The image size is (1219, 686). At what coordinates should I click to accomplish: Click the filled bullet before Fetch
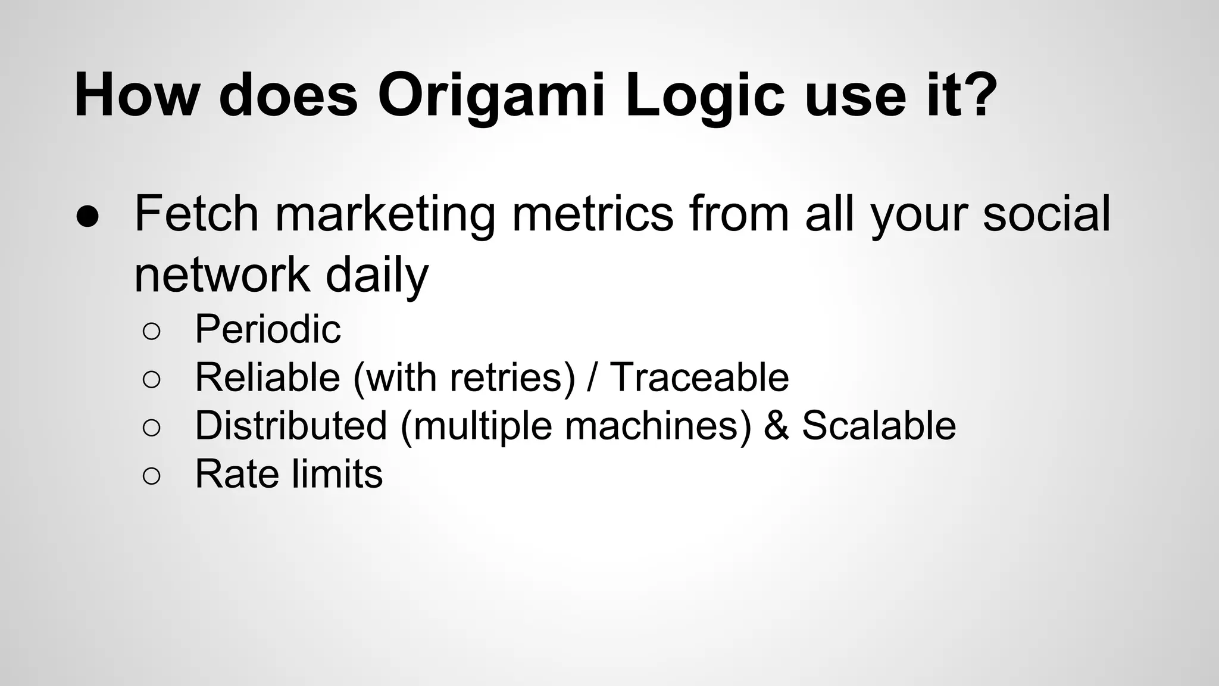pyautogui.click(x=87, y=218)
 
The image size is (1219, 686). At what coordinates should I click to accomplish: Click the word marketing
pyautogui.click(x=385, y=214)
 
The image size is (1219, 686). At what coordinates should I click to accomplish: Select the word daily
pyautogui.click(x=376, y=275)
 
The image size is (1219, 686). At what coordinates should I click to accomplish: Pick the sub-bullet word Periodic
pyautogui.click(x=268, y=329)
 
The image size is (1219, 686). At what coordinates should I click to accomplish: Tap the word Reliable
pyautogui.click(x=267, y=377)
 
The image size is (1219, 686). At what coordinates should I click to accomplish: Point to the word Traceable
pyautogui.click(x=699, y=377)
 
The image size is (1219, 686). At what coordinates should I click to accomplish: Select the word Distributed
pyautogui.click(x=291, y=425)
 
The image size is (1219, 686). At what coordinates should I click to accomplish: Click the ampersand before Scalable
pyautogui.click(x=776, y=425)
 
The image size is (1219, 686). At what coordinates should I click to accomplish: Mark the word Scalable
pyautogui.click(x=879, y=425)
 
